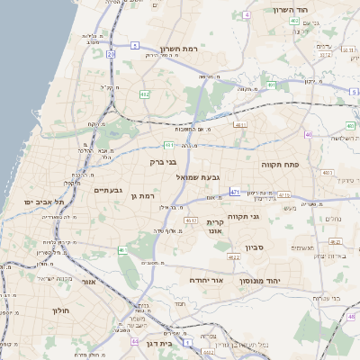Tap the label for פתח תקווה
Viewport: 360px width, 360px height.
pos(279,166)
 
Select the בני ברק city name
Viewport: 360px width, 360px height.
pos(166,162)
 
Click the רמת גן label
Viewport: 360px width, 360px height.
pos(143,195)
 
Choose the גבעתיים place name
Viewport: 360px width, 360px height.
pos(108,191)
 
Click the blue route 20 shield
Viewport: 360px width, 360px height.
pos(111,55)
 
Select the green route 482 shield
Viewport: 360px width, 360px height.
pos(144,94)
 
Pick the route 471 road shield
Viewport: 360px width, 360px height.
pos(235,192)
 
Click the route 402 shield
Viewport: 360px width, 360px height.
pos(294,20)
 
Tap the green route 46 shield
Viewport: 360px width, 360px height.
pos(121,250)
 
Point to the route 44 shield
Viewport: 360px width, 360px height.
pos(134,342)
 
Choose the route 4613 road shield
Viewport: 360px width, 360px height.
pos(191,220)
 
